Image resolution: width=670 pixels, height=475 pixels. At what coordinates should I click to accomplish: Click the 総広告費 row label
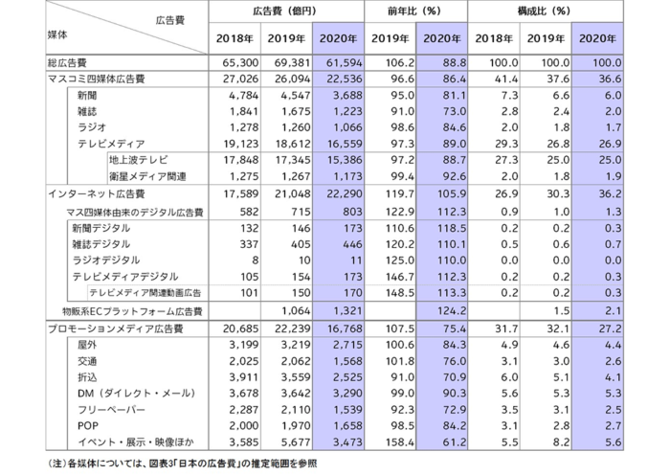[x=67, y=63]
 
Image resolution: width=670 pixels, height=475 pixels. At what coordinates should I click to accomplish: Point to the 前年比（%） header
[x=414, y=11]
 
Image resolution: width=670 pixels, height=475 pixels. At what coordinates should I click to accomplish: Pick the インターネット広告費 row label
[x=97, y=194]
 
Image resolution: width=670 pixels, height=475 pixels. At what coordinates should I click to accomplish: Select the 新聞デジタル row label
[x=101, y=228]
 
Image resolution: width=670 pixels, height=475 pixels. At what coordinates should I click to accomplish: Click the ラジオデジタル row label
[x=106, y=260]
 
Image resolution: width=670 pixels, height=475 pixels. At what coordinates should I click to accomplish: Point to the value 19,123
[x=240, y=144]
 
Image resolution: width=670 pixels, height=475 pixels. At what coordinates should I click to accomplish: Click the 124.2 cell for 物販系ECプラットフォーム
[x=452, y=311]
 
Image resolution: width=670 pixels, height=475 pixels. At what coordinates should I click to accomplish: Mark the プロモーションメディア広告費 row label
[x=116, y=328]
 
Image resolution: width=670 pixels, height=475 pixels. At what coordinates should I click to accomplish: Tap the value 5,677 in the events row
[x=296, y=442]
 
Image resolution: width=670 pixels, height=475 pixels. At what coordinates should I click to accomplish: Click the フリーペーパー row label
[x=111, y=410]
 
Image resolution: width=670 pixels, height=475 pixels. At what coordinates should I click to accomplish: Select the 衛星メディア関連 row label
[x=147, y=176]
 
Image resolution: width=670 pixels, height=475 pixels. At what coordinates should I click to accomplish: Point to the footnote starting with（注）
[x=182, y=464]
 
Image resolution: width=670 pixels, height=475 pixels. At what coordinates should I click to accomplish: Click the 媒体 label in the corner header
[x=57, y=34]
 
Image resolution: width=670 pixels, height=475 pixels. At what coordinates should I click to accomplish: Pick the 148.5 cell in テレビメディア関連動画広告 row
[x=400, y=293]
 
